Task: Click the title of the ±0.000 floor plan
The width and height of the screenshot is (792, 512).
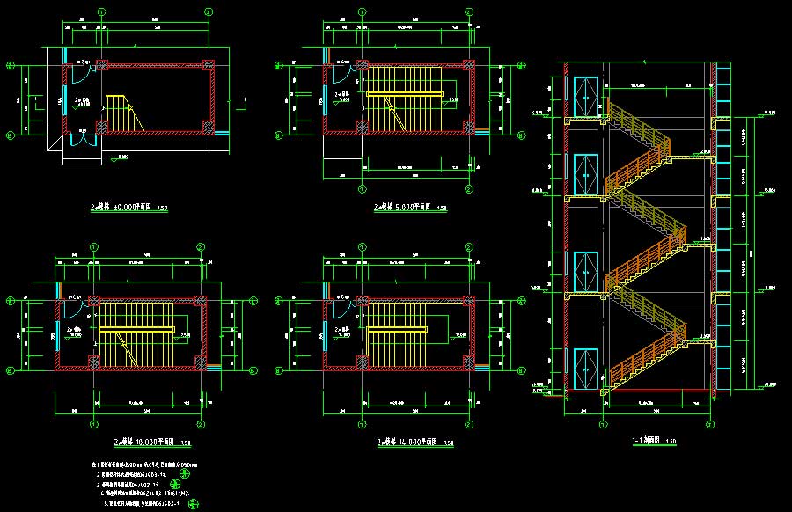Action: pyautogui.click(x=128, y=208)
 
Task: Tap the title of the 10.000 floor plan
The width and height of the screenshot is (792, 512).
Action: pyautogui.click(x=141, y=442)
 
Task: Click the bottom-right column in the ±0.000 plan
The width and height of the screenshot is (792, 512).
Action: pyautogui.click(x=209, y=130)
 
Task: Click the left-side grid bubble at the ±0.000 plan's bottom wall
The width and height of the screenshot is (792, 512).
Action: pyautogui.click(x=10, y=135)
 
